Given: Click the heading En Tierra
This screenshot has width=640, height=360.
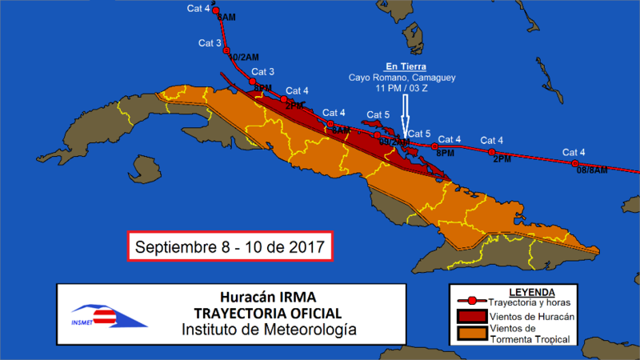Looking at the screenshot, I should coord(406,66).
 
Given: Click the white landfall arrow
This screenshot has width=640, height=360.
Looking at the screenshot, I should coord(406,116).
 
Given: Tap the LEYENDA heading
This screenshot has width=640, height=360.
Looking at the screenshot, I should coord(531,290).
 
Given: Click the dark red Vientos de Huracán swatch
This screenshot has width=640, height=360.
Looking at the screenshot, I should coord(472,316).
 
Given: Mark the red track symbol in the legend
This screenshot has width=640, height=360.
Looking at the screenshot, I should coord(472,301).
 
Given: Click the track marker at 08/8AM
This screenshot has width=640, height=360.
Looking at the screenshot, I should coord(577,164).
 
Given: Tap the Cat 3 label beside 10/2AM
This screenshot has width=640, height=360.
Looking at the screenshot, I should coord(210,42).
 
